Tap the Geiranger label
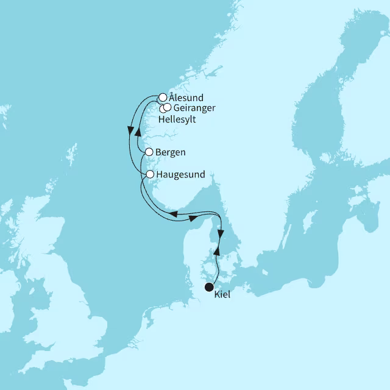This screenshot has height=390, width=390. pos(193,108)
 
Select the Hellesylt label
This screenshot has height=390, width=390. pos(177,119)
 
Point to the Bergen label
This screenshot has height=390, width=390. pos(171,152)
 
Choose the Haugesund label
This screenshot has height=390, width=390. pos(180,174)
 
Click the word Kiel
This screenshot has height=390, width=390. pos(223,296)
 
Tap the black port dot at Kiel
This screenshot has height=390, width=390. pos(209,287)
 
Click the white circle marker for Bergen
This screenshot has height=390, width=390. pos(149,152)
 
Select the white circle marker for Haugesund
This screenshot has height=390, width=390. pos(150,174)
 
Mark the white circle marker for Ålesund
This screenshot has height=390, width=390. pos(163,97)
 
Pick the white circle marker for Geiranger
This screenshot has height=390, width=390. pos(168,107)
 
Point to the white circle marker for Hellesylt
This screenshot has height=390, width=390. pos(162,108)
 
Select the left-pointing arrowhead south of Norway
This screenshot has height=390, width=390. pos(173,214)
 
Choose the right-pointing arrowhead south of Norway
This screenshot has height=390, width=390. pos(193,217)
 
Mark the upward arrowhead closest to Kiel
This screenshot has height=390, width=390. pos(216,250)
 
